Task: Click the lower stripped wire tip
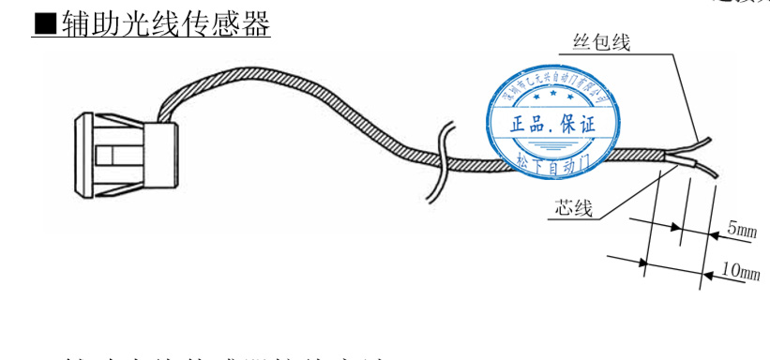708,173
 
